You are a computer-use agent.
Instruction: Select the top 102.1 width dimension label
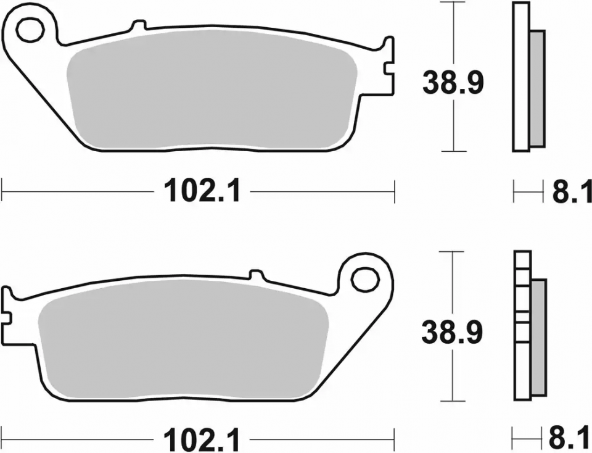point(201,191)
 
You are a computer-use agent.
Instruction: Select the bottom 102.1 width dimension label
point(201,440)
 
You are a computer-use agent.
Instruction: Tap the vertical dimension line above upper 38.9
point(454,31)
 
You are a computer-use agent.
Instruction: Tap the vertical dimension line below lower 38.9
point(454,376)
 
